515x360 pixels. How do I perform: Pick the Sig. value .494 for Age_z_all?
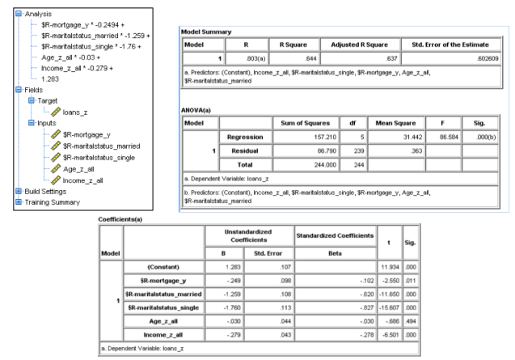pos(412,329)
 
